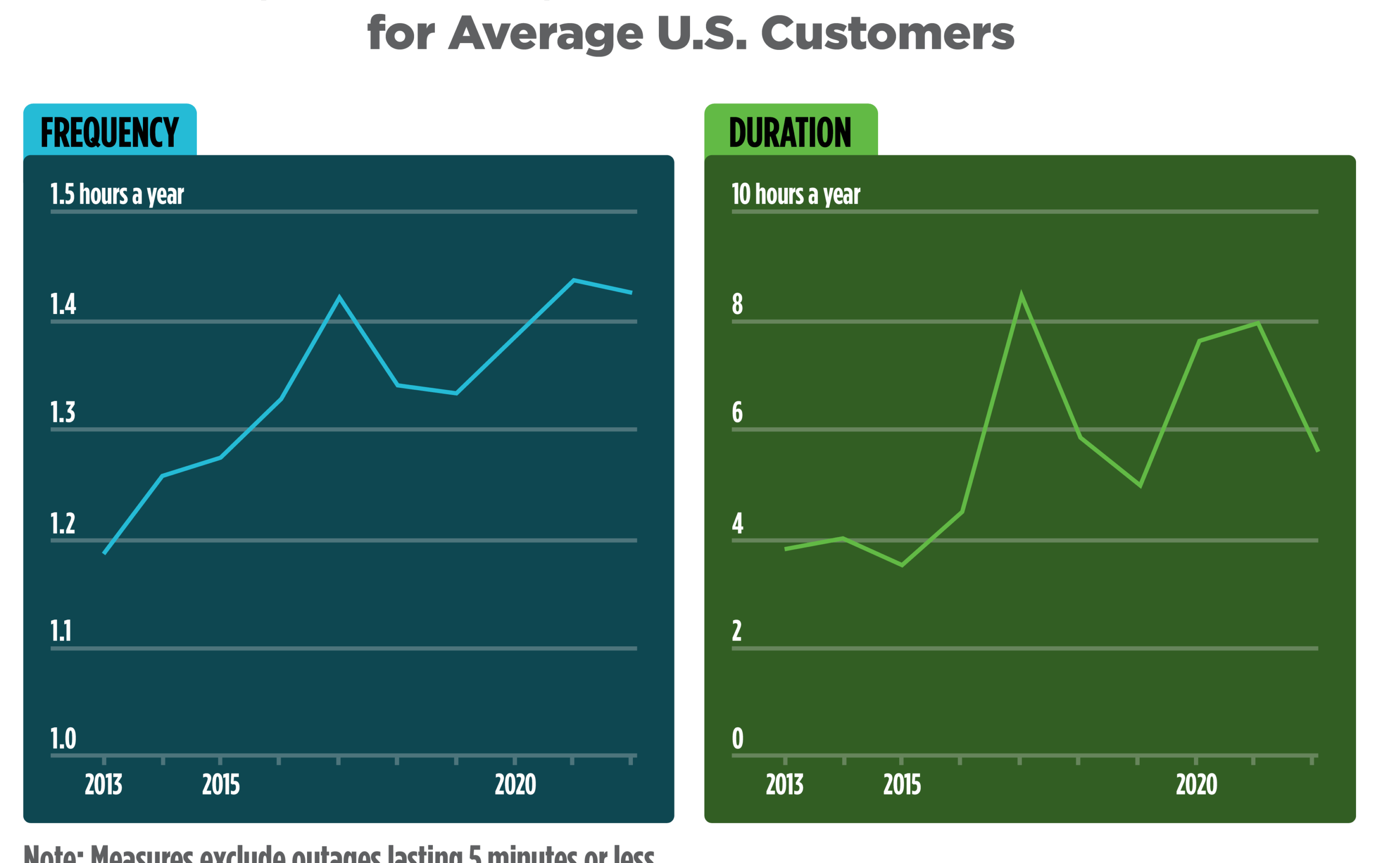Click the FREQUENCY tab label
(x=109, y=132)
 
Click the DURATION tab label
(x=790, y=132)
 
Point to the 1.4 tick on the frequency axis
(x=63, y=304)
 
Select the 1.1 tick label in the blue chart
(x=61, y=631)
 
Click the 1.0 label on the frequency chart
(x=63, y=739)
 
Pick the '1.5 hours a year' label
(x=117, y=195)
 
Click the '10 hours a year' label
(x=796, y=195)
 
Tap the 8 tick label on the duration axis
(x=737, y=304)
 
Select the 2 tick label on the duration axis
(x=737, y=631)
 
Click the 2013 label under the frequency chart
(x=103, y=785)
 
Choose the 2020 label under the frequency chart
(x=515, y=785)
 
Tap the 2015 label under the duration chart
(x=902, y=785)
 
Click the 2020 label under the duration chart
(x=1196, y=785)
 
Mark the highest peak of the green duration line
(x=1021, y=296)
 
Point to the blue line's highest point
(x=573, y=280)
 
